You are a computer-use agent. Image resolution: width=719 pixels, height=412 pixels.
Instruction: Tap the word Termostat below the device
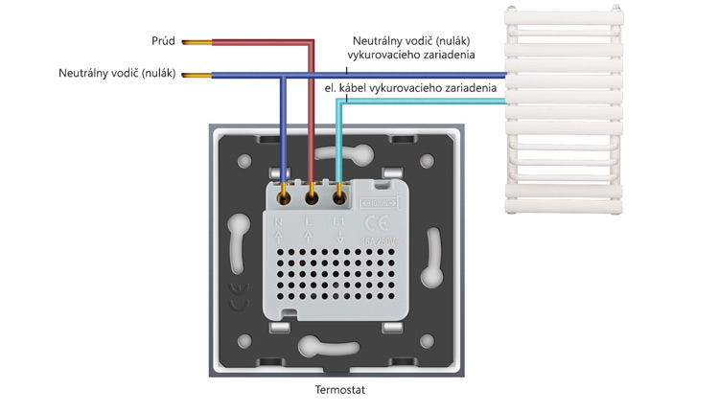(x=340, y=390)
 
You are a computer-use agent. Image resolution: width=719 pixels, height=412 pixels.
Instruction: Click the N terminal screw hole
(x=285, y=198)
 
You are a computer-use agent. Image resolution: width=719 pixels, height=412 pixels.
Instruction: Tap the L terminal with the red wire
(x=313, y=198)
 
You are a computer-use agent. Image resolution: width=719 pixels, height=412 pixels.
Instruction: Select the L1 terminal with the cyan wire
(x=339, y=198)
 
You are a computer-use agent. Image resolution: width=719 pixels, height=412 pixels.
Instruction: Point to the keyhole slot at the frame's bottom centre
(x=320, y=347)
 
